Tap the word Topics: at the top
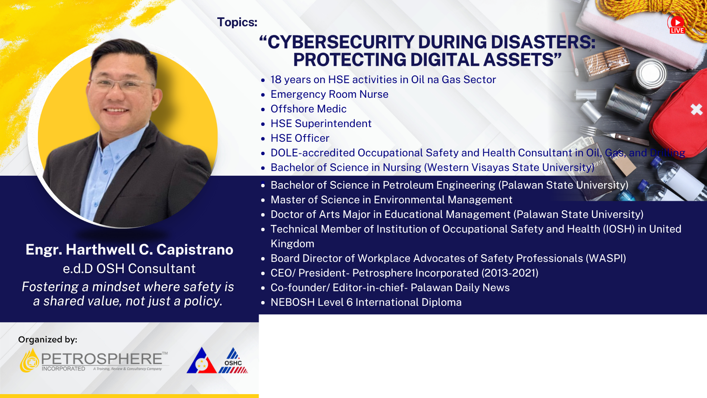pyautogui.click(x=237, y=22)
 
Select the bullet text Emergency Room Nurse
pyautogui.click(x=329, y=94)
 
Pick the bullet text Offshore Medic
pyautogui.click(x=308, y=109)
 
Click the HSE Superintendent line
pyautogui.click(x=321, y=124)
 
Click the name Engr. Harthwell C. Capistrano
pyautogui.click(x=129, y=249)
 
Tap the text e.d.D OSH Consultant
pyautogui.click(x=129, y=269)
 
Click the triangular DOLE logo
pyautogui.click(x=201, y=362)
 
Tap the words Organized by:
pyautogui.click(x=47, y=339)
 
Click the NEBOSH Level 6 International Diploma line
pyautogui.click(x=366, y=302)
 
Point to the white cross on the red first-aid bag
pyautogui.click(x=696, y=109)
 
